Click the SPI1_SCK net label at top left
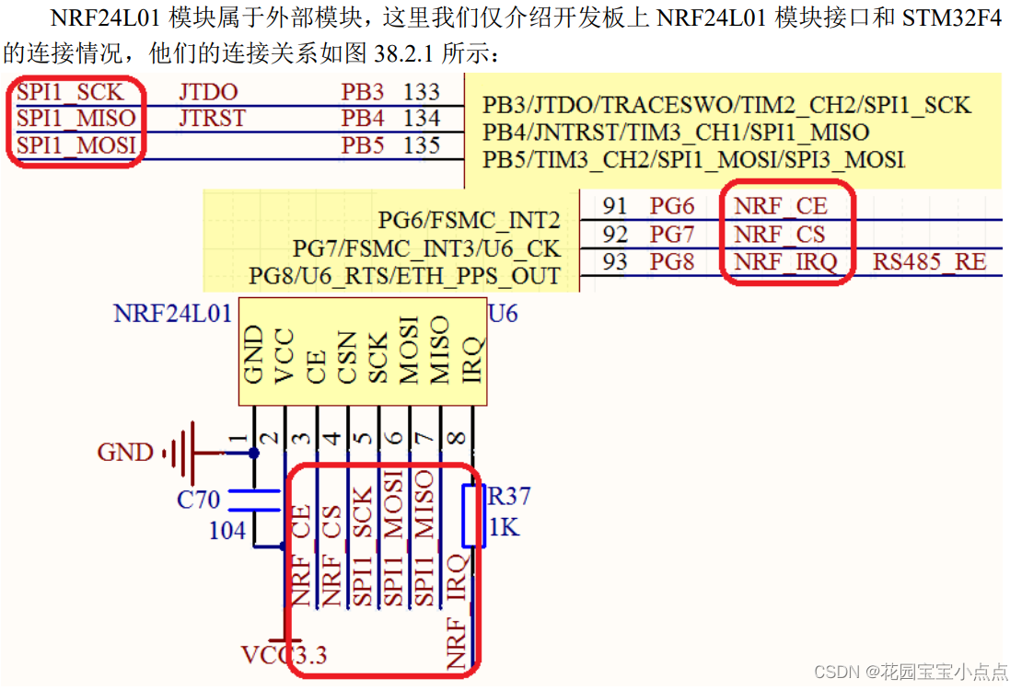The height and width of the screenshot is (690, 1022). (70, 93)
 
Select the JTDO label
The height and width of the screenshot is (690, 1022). (208, 93)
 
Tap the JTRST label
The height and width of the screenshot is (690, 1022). (211, 118)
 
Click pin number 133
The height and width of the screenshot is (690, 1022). (422, 93)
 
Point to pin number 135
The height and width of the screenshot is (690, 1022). (422, 144)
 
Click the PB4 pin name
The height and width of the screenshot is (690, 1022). (363, 119)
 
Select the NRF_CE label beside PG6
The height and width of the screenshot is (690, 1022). (780, 206)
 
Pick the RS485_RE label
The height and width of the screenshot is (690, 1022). (930, 262)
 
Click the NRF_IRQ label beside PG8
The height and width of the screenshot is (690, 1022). (784, 262)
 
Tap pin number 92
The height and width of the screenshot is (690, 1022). (615, 234)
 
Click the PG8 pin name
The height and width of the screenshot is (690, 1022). (672, 262)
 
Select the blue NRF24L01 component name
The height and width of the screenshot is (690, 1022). (172, 314)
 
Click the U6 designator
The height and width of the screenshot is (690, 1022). (503, 314)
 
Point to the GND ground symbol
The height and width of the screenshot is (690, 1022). (180, 453)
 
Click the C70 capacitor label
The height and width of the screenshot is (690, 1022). (199, 500)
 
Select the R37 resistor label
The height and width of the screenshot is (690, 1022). (509, 498)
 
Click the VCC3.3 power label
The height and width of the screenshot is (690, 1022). (284, 656)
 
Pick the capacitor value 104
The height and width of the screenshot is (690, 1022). (226, 531)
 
